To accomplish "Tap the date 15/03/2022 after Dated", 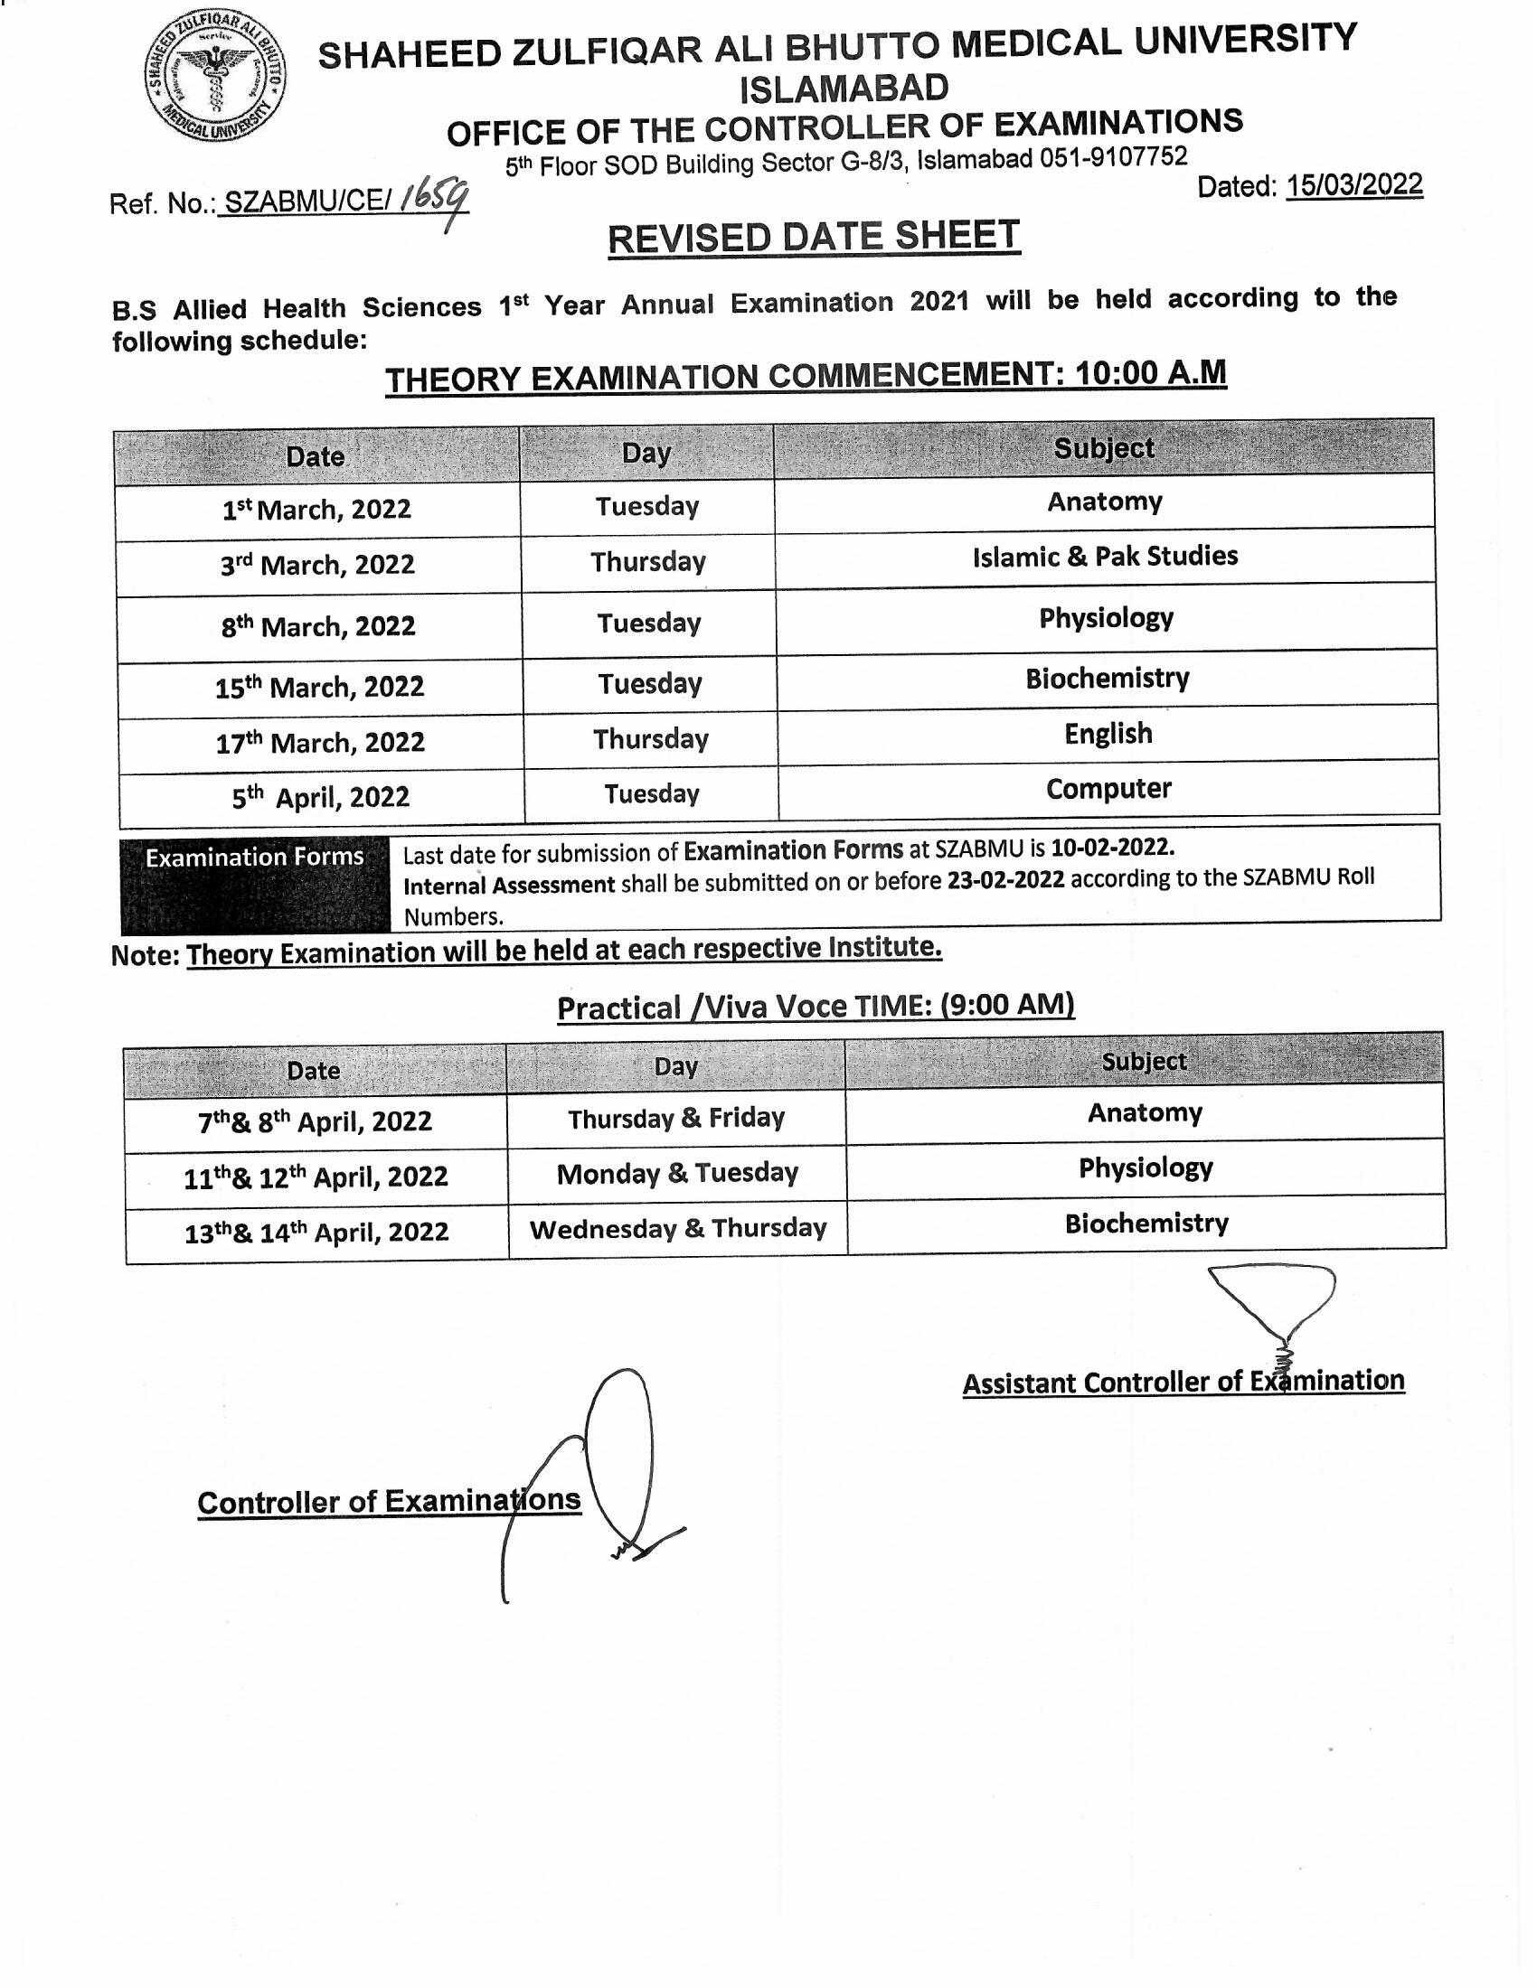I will pos(1353,185).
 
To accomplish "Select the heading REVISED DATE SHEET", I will pos(813,238).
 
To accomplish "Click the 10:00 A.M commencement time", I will pos(1150,373).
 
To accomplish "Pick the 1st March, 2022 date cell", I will pos(316,510).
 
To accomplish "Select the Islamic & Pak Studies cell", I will pos(1105,556).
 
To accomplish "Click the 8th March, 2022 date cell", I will pos(317,627).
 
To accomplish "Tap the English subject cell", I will pos(1108,734).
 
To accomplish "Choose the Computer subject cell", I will pos(1108,788).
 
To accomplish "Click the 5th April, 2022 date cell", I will pos(321,798).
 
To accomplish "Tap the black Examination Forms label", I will pos(254,858).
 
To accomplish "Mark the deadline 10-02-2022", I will pos(1112,848).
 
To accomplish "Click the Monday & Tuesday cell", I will pos(676,1173).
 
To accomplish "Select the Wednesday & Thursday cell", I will pos(677,1229).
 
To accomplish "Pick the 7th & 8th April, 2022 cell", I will pos(315,1121).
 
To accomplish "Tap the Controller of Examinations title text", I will pos(389,1501).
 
